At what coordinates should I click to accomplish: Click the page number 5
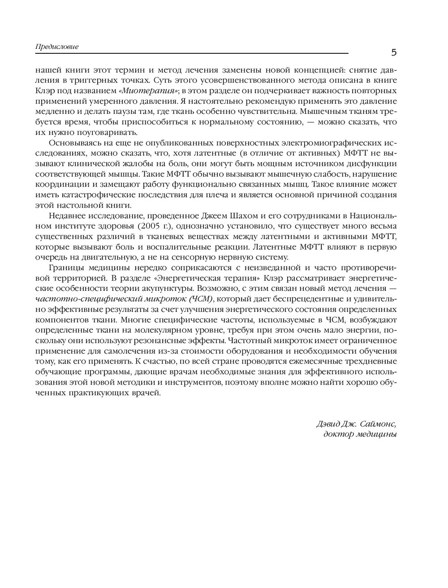(x=394, y=52)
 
